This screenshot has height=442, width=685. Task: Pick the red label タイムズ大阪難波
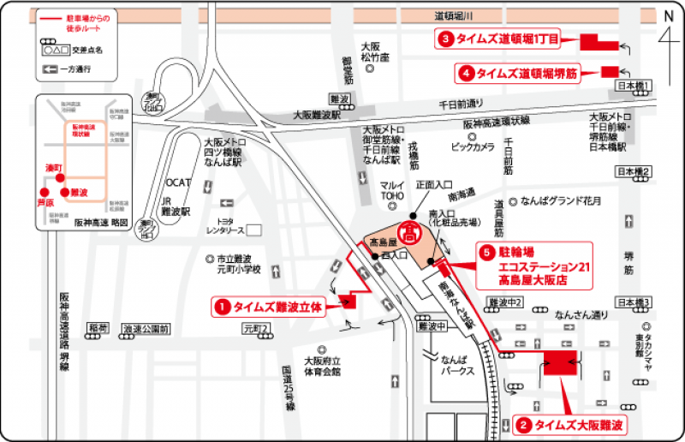coord(572,424)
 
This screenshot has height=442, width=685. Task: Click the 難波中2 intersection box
coord(503,302)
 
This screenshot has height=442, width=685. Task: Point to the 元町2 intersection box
coord(256,328)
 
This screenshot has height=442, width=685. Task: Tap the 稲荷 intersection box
coord(98,328)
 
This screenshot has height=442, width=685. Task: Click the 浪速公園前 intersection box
coord(146,328)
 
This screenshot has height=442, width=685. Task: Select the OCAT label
coord(178,182)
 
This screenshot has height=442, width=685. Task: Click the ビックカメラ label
coord(473,147)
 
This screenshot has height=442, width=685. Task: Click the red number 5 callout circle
coord(486,252)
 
